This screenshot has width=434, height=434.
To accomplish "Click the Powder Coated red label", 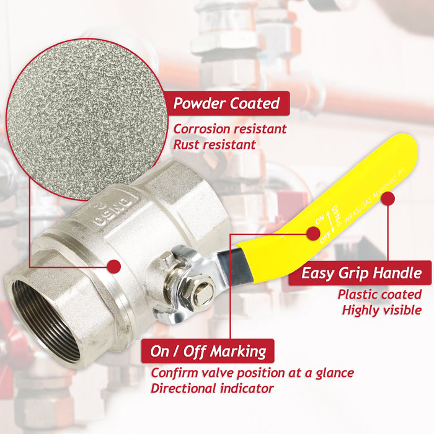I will [x=226, y=103].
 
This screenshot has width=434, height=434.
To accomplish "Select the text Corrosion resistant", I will [x=229, y=129].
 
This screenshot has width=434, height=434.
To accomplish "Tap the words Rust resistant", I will [x=214, y=144].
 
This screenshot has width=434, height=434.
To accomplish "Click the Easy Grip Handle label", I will [x=360, y=273].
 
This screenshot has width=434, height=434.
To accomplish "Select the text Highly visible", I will [x=381, y=310].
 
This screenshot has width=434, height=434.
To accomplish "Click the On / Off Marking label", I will [x=208, y=352].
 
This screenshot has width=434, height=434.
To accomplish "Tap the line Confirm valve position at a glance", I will [x=252, y=373].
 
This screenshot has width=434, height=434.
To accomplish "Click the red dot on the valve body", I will [x=113, y=266].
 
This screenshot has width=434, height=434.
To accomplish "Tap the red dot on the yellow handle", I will [x=388, y=199].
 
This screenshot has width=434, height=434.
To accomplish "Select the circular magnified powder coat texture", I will [x=87, y=118].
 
